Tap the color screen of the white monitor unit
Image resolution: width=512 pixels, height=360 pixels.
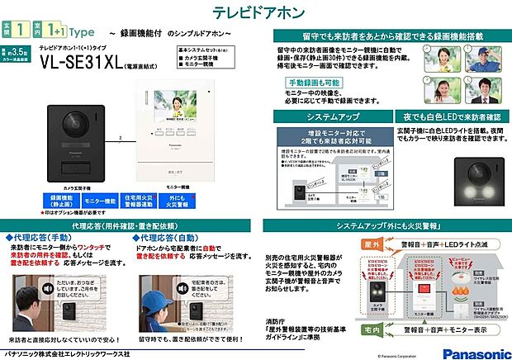pyautogui.click(x=173, y=106)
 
